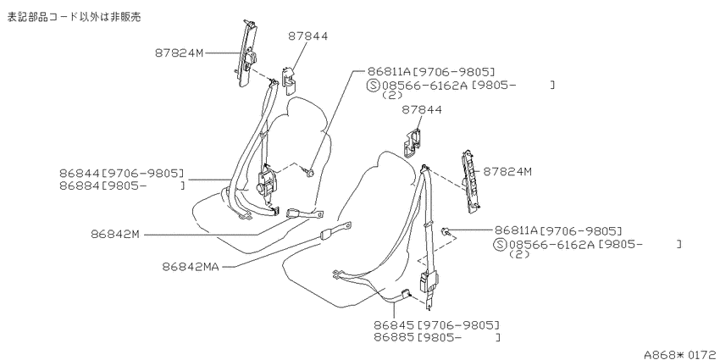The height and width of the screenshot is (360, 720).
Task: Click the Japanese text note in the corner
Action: tap(73, 18)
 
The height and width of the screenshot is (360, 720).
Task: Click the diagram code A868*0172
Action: tap(681, 354)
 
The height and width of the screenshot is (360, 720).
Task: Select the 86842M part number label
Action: tap(114, 234)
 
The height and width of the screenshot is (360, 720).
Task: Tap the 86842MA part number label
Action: tap(191, 266)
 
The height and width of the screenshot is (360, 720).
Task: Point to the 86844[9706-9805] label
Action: tap(121, 173)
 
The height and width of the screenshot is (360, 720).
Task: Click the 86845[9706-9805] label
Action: tap(436, 325)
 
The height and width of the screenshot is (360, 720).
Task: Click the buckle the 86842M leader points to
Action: tap(304, 213)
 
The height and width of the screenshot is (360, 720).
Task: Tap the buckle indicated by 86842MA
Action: tap(335, 231)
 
